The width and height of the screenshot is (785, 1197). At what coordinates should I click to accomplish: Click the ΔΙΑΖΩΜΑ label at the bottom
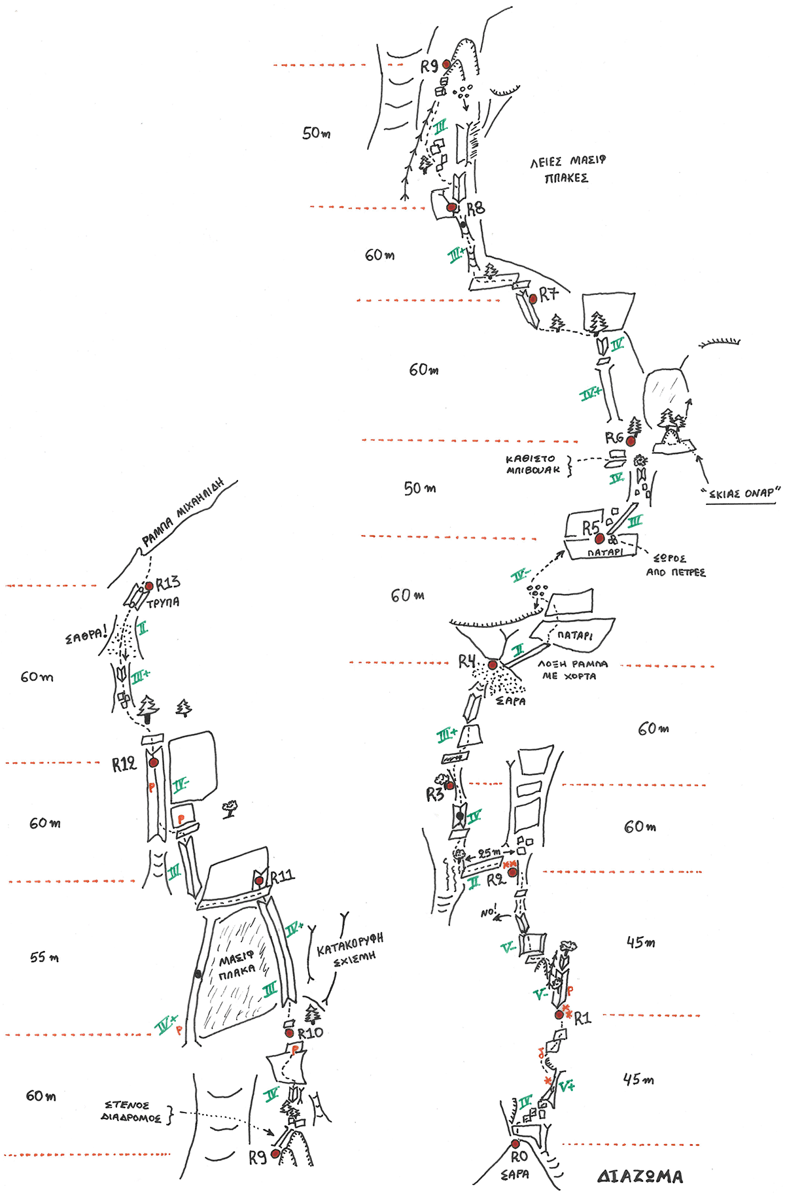[x=640, y=1176]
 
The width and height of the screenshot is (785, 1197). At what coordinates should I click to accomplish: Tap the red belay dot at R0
[x=515, y=1143]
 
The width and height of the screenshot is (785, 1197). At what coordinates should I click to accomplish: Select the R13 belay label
[x=167, y=583]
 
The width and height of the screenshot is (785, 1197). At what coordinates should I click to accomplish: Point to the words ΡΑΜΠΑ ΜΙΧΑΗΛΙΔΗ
[x=183, y=513]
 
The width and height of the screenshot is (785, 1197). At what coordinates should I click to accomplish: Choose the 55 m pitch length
[x=44, y=957]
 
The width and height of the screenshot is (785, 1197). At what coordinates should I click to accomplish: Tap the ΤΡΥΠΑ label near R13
[x=162, y=602]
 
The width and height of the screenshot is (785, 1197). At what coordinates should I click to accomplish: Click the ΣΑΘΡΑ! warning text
[x=86, y=635]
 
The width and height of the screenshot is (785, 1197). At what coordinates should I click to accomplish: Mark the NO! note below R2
[x=489, y=912]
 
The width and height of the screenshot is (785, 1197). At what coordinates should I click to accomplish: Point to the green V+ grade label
[x=567, y=1086]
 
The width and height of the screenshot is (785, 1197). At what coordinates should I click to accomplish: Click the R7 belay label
[x=548, y=295]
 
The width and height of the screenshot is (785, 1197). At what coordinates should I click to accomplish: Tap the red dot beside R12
[x=154, y=762]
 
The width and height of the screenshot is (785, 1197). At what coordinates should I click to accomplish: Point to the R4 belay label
[x=466, y=661]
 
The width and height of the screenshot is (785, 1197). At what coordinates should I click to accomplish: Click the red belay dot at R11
[x=259, y=881]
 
